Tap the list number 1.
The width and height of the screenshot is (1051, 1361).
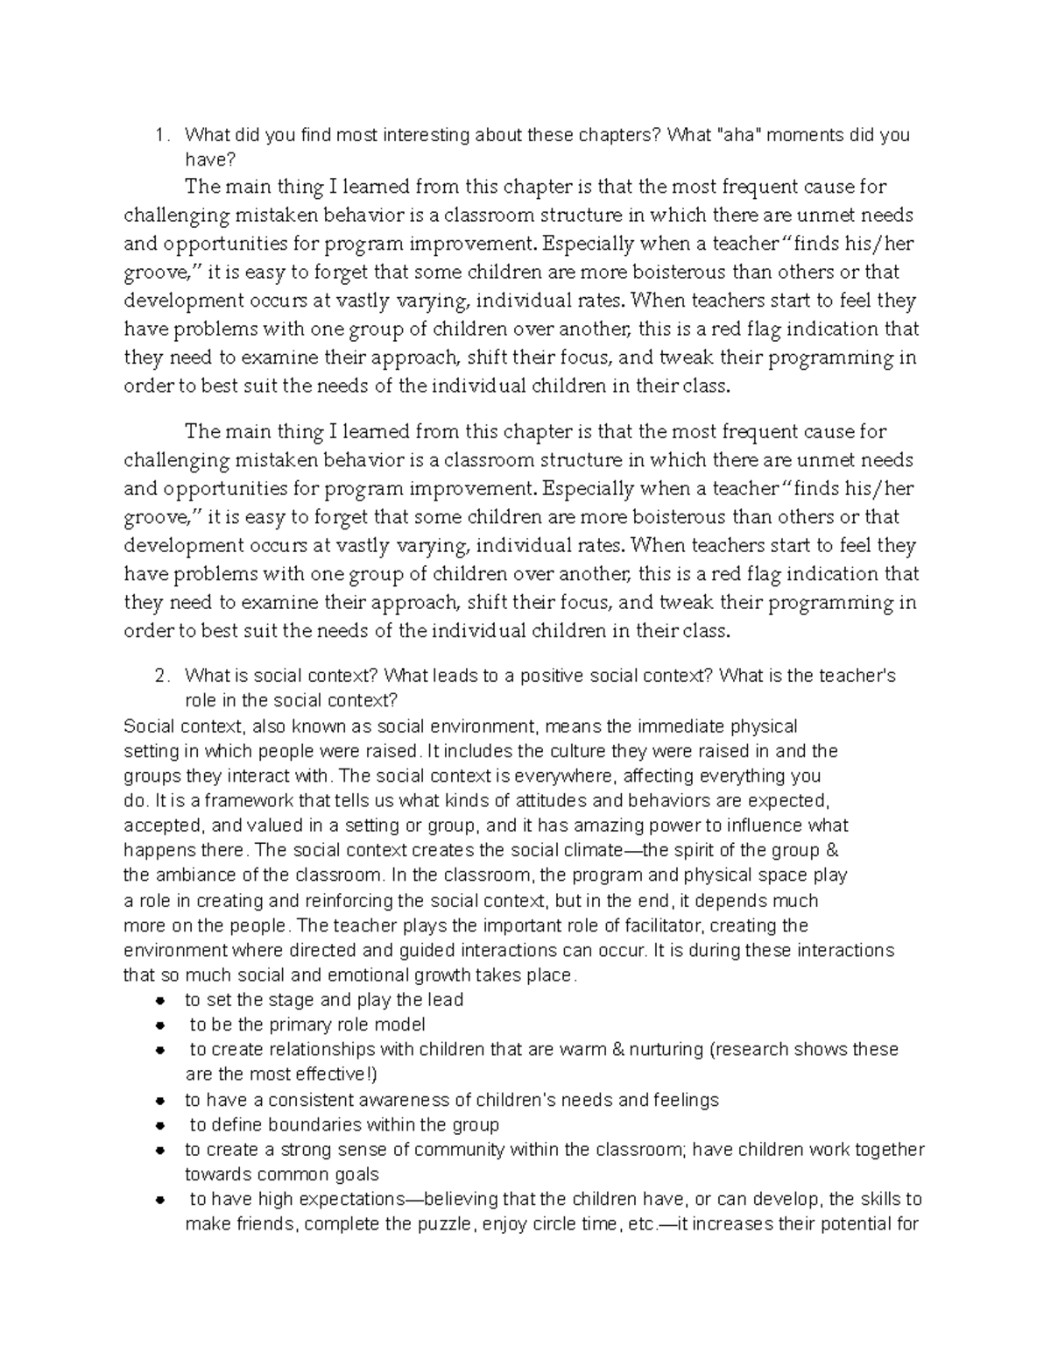(159, 135)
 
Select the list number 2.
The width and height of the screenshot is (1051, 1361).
(159, 676)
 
